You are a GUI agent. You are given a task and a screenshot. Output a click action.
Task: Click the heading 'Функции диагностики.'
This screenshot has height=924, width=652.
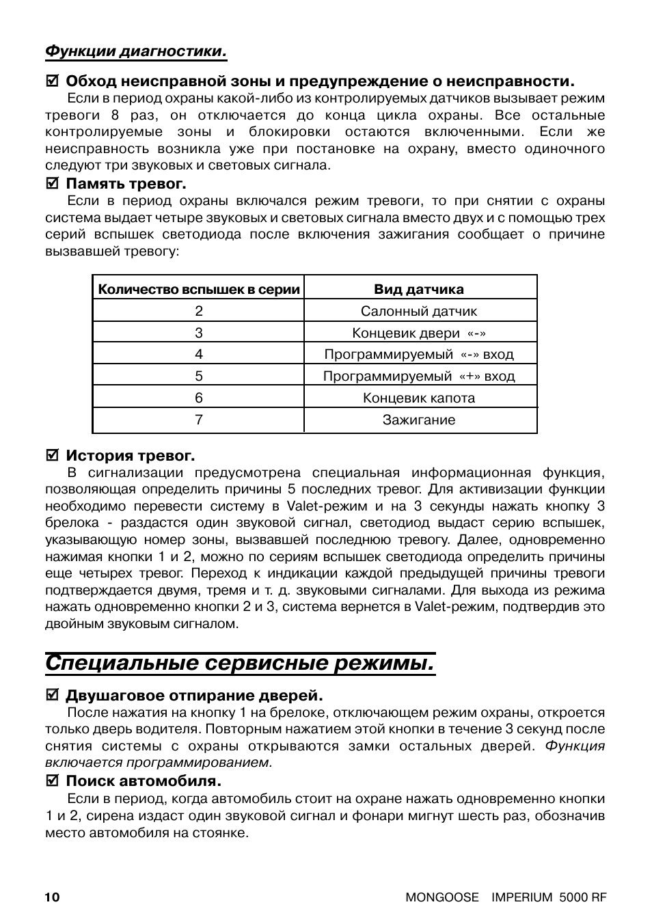point(135,51)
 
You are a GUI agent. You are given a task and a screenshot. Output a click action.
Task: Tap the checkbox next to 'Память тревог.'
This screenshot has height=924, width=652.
point(51,184)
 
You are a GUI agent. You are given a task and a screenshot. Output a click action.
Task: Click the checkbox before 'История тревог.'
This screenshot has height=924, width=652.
point(51,456)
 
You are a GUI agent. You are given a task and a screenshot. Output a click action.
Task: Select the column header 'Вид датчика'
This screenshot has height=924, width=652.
point(418,289)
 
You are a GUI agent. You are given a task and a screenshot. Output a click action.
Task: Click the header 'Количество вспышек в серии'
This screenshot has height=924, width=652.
point(199,289)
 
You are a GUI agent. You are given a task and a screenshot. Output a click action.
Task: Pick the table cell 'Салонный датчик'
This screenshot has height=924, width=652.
point(418,311)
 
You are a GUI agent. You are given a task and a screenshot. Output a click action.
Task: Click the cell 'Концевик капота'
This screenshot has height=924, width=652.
point(418,398)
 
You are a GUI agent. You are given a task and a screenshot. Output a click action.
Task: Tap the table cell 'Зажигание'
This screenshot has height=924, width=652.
point(418,420)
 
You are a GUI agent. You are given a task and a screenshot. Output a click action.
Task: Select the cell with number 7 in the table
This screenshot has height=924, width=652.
point(199,420)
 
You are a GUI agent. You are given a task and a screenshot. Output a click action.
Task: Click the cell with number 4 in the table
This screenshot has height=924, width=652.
point(199,354)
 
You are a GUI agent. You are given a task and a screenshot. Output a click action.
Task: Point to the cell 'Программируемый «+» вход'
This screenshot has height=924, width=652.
point(418,376)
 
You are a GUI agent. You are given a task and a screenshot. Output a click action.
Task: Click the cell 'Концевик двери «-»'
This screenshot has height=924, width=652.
point(418,333)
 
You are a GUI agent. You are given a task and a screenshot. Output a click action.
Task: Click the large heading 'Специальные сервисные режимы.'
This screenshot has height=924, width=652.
point(240,663)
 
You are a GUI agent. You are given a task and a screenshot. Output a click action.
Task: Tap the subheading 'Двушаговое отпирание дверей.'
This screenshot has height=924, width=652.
point(193,696)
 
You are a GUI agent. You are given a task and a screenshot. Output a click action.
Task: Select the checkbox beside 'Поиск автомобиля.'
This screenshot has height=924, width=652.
point(51,781)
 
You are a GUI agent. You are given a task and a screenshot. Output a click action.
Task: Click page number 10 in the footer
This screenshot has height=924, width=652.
point(53,897)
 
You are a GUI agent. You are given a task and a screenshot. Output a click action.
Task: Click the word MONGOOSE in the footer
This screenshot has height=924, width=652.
point(442,897)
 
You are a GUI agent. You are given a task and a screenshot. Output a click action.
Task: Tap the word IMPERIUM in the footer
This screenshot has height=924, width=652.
point(521,897)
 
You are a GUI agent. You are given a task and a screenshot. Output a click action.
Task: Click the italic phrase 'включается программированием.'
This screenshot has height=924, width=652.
point(159,763)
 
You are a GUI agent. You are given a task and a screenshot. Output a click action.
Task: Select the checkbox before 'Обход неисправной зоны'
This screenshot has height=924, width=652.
point(51,81)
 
